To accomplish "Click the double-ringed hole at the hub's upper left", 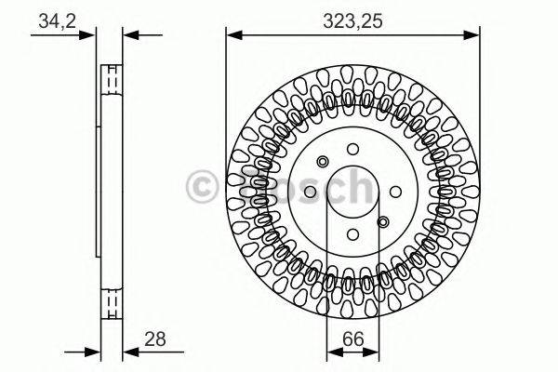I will click(322, 160).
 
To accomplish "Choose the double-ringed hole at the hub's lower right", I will click(382, 221).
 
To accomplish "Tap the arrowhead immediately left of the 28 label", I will click(128, 352).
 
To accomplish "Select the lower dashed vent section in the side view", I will click(111, 299).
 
